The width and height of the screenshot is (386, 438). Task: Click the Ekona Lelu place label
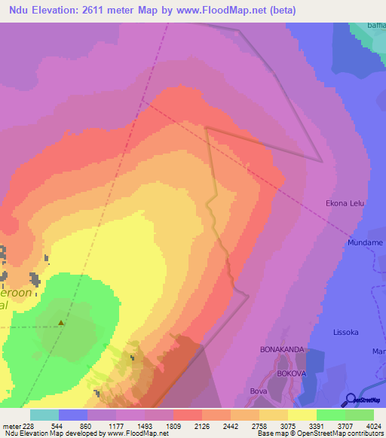tap(345, 202)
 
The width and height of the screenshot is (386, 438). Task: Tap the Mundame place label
tap(365, 243)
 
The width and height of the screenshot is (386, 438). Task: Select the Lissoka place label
tap(348, 331)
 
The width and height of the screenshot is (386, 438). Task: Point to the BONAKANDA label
tap(281, 350)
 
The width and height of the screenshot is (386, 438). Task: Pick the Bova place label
tap(259, 391)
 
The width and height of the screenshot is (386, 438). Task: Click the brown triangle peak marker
tap(61, 324)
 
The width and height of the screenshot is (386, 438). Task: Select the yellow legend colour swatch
tap(302, 415)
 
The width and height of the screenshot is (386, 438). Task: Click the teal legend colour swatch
tap(44, 415)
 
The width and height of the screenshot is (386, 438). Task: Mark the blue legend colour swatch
tap(73, 415)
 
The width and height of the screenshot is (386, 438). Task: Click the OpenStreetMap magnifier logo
tap(350, 399)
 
